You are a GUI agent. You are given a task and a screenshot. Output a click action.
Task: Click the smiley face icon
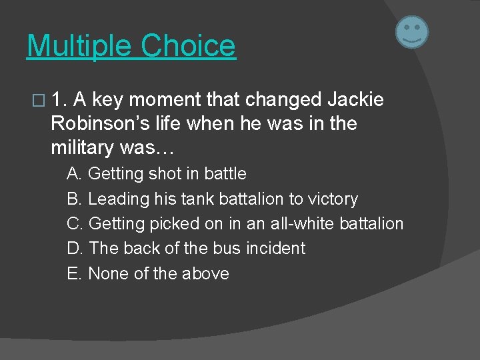pos(412,32)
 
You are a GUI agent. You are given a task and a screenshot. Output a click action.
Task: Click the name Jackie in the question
pos(355,100)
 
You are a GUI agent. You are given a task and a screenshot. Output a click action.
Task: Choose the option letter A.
pos(74,174)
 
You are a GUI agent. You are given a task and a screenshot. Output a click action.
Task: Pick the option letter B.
pos(74,199)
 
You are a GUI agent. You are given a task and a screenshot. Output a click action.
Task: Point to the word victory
pos(333,199)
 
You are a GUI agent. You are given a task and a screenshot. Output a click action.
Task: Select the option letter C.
pos(75,224)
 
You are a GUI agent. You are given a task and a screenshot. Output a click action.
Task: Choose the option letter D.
pos(75,249)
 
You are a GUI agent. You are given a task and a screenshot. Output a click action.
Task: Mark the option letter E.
pos(74,273)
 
